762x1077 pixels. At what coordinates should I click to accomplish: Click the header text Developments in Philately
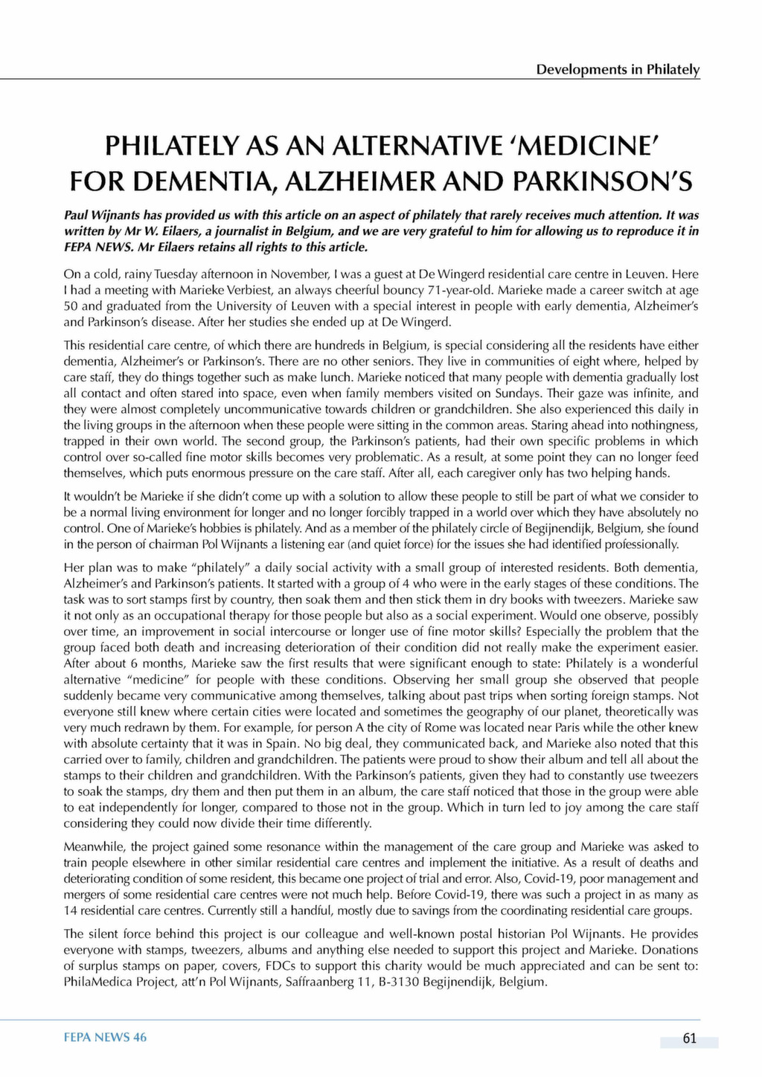click(x=618, y=69)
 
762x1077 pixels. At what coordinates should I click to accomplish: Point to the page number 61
click(x=689, y=1039)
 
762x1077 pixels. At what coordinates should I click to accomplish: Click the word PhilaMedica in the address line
click(x=95, y=982)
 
